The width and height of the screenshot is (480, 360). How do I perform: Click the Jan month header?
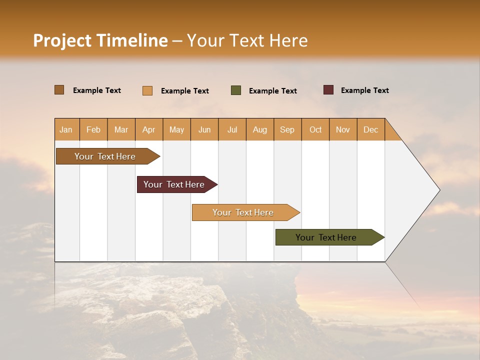click(x=66, y=129)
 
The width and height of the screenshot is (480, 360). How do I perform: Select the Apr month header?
click(x=148, y=129)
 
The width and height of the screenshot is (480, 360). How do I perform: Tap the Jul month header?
click(x=232, y=129)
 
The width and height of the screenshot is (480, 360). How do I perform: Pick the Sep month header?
click(x=287, y=129)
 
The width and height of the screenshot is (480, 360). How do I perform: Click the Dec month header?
click(x=370, y=129)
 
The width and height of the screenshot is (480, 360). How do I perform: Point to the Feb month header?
click(x=93, y=129)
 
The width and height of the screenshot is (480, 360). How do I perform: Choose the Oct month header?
click(x=315, y=129)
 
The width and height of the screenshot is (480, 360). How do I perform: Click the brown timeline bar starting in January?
click(x=105, y=156)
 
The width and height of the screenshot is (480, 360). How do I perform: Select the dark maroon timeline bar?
click(x=174, y=184)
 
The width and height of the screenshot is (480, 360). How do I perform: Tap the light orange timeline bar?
click(x=243, y=212)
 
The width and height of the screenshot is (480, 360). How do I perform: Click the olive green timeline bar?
click(x=326, y=237)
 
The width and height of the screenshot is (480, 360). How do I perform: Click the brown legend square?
click(x=59, y=90)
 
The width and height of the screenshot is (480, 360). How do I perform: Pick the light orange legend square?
click(x=147, y=90)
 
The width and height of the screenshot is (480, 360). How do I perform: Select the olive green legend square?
click(x=235, y=90)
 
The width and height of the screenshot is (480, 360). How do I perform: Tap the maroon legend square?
click(x=328, y=90)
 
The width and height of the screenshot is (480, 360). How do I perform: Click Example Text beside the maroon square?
click(x=364, y=90)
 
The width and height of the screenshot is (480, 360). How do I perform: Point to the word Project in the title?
click(x=62, y=40)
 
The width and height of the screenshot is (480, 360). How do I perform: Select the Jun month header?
click(x=204, y=129)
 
